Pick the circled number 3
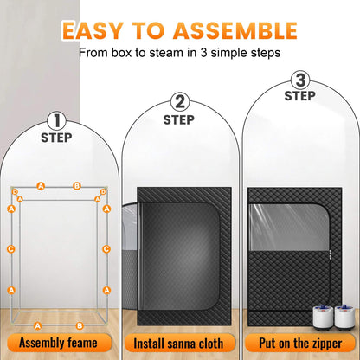tap(299, 81)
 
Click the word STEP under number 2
tap(179, 119)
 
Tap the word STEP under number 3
tap(299, 96)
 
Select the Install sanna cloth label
tap(180, 344)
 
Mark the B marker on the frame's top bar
tap(77, 185)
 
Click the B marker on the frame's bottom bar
tap(80, 326)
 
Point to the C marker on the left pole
tap(11, 249)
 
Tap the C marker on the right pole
tap(106, 249)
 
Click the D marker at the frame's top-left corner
tap(15, 190)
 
